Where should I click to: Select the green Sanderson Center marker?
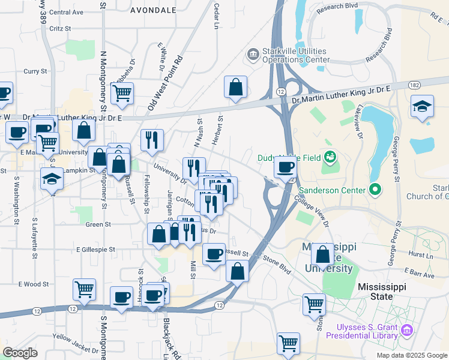pos(376,190)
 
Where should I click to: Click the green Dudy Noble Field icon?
pos(329,158)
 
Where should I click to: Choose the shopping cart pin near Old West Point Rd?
pos(122,93)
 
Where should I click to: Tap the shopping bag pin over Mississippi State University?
pos(323,254)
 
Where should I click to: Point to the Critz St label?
pos(61,28)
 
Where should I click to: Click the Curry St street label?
pos(35,71)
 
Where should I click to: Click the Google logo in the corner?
pos(20,352)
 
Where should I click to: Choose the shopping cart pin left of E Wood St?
pos(84,289)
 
